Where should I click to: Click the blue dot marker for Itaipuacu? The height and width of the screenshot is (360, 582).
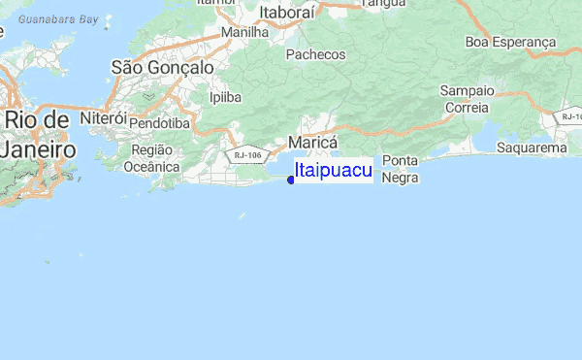click(291, 180)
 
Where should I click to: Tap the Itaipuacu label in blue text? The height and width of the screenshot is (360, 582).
click(333, 171)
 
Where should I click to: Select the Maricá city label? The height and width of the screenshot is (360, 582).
click(312, 142)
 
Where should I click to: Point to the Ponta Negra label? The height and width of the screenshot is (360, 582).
click(400, 169)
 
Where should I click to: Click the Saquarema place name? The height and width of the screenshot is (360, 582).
click(531, 148)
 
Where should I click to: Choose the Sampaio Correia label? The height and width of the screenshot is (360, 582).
click(467, 99)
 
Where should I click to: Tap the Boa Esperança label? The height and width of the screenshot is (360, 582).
click(510, 42)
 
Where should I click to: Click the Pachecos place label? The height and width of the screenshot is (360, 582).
click(316, 55)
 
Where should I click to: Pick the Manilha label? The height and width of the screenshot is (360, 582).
click(244, 32)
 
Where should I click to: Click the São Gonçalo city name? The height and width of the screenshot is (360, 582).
click(163, 67)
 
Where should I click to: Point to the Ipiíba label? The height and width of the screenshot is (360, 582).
click(225, 97)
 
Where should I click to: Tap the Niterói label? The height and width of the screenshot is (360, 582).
click(104, 116)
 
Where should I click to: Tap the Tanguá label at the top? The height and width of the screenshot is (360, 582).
click(382, 4)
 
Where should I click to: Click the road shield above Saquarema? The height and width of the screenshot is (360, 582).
click(570, 116)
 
